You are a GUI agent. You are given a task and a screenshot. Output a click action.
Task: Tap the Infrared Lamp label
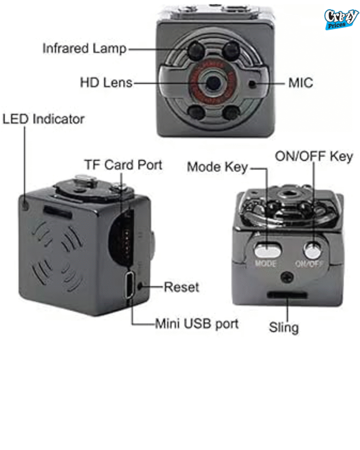point(84,48)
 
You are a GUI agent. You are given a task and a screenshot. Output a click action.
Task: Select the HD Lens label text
point(106,83)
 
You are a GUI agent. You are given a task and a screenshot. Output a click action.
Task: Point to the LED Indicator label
point(44,119)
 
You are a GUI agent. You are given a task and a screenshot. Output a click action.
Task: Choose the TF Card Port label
point(123,165)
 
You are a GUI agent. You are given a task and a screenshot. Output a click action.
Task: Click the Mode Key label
point(217,167)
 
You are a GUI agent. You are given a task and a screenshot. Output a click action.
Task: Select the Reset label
point(181,287)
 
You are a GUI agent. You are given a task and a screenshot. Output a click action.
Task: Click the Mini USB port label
point(197,323)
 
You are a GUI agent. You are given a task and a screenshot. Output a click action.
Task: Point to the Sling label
point(284,327)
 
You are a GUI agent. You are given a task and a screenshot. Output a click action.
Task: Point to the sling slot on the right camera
point(287,295)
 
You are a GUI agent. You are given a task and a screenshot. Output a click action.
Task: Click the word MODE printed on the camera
point(266,263)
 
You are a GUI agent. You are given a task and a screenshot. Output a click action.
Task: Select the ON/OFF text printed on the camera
point(309,263)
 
